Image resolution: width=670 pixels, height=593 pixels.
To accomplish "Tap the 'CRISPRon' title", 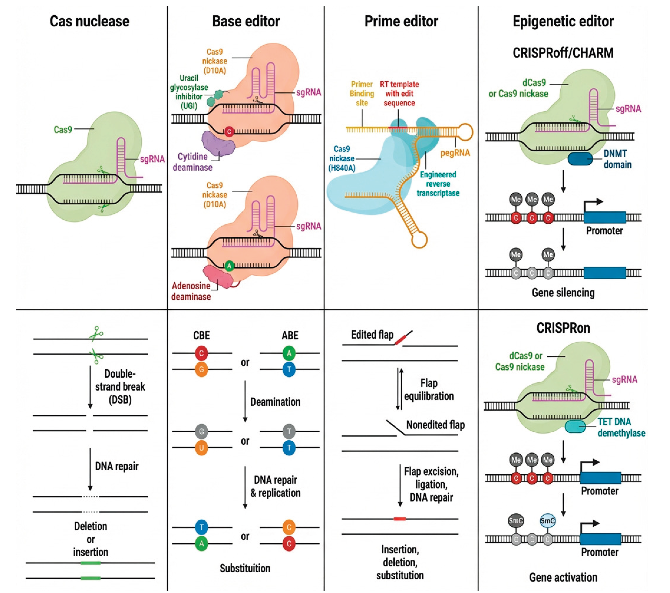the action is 563,328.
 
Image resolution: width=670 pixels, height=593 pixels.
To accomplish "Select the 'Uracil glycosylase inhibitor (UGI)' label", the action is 189,92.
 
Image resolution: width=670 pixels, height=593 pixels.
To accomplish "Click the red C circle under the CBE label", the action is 201,353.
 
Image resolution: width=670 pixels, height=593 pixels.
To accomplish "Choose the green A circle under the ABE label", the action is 289,353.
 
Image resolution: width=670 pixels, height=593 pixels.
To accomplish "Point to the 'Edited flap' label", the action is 372,335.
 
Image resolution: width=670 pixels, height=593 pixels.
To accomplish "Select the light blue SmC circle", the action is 547,521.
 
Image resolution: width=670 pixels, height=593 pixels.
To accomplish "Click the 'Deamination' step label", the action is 275,402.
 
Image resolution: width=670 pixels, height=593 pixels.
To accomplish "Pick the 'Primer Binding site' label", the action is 362,93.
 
